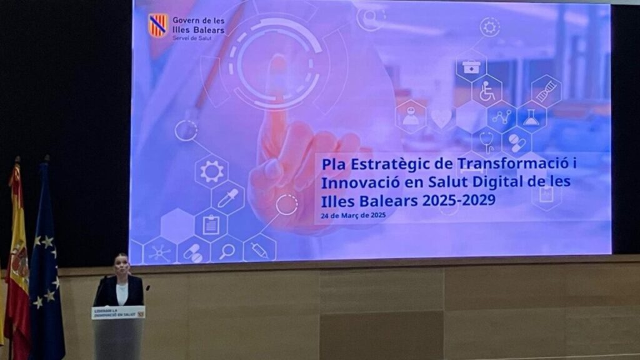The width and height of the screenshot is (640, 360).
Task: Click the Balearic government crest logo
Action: pos(158,26)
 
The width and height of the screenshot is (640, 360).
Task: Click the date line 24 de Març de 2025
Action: pos(353,216)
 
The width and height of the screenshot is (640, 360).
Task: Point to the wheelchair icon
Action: pos(487,91)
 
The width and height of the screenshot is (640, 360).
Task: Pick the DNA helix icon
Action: pos(546,92)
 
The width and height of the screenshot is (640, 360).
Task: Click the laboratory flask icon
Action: pos(531,117)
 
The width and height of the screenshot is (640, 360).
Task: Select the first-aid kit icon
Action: pos(471,66)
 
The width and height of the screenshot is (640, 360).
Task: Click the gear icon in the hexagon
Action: pos(211,171)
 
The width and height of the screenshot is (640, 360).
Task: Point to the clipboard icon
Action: pos(211,224)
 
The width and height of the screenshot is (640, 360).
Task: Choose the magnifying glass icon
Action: pos(226,251)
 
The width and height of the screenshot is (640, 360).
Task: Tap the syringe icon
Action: pos(259,250)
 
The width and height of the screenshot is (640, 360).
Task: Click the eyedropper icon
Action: pos(227,197)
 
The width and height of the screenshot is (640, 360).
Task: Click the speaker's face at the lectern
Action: pos(121,264)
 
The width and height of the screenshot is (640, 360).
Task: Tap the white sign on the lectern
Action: pos(118,312)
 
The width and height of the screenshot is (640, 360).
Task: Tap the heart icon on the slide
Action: pos(441,117)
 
